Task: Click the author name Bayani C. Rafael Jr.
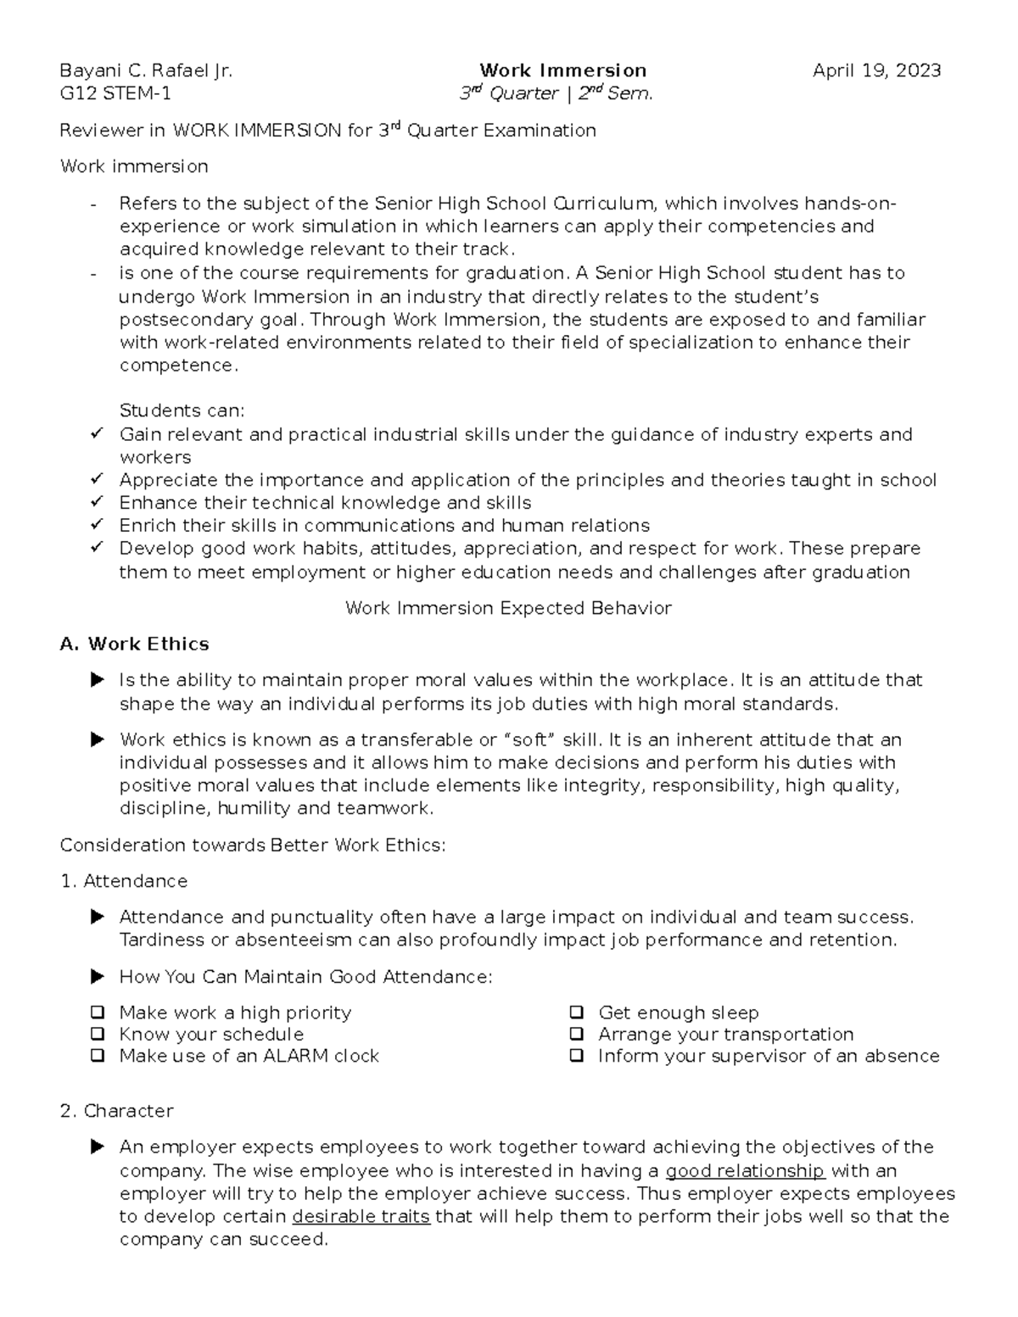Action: pos(145,70)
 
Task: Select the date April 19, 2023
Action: pos(876,70)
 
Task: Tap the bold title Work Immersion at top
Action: pos(562,70)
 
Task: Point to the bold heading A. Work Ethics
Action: pos(135,644)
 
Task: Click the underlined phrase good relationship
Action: pos(745,1171)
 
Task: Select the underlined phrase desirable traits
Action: pos(361,1217)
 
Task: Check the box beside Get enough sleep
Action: pos(577,1012)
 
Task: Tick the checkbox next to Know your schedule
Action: pos(98,1034)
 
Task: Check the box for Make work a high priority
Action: pos(98,1012)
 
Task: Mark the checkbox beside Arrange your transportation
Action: pos(577,1034)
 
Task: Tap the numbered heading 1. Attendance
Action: pos(124,881)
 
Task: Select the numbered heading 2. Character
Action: pos(117,1111)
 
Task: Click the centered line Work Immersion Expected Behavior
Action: pos(508,608)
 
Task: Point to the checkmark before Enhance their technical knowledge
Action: pos(96,501)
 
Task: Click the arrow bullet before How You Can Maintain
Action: pos(98,977)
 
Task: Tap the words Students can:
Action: pos(182,410)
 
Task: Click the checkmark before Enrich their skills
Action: pos(96,524)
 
